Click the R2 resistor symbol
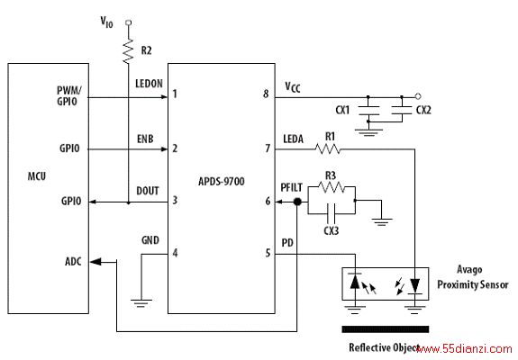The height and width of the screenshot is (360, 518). pyautogui.click(x=128, y=50)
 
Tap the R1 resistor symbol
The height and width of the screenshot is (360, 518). pyautogui.click(x=327, y=149)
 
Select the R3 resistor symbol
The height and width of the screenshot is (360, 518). pyautogui.click(x=332, y=187)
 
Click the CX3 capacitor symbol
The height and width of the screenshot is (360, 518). pyautogui.click(x=331, y=213)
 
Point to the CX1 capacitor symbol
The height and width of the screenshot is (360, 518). pyautogui.click(x=368, y=110)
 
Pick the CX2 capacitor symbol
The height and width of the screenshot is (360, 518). pyautogui.click(x=402, y=110)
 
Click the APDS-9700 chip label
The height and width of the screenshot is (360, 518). pyautogui.click(x=222, y=181)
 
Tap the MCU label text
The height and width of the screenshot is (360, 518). pyautogui.click(x=37, y=176)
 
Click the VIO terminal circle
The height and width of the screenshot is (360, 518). pyautogui.click(x=129, y=22)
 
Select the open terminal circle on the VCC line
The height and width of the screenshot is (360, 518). pyautogui.click(x=418, y=96)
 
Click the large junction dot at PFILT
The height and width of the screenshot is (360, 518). pyautogui.click(x=297, y=202)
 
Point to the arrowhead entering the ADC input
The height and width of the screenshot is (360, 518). pyautogui.click(x=95, y=262)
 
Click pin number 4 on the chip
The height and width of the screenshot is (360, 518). pyautogui.click(x=175, y=253)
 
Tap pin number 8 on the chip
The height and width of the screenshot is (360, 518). pyautogui.click(x=266, y=94)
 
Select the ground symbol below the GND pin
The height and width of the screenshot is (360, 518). pyautogui.click(x=141, y=303)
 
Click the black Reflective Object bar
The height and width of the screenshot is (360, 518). pyautogui.click(x=386, y=329)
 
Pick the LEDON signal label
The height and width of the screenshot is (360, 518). pyautogui.click(x=149, y=84)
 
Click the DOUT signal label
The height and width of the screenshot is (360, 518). pyautogui.click(x=148, y=191)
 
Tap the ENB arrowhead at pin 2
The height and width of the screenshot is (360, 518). pyautogui.click(x=164, y=149)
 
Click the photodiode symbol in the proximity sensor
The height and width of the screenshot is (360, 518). pyautogui.click(x=355, y=283)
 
